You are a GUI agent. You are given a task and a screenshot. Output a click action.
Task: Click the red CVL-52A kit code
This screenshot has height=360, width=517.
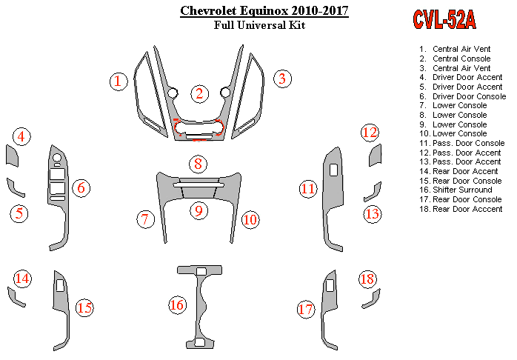(x=444, y=19)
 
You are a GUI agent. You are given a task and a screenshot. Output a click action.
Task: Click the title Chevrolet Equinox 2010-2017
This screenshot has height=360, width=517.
(x=264, y=10)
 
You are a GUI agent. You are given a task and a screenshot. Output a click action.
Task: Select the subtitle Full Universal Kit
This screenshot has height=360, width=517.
(x=259, y=25)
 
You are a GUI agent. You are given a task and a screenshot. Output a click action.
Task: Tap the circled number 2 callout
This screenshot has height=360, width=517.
(x=199, y=93)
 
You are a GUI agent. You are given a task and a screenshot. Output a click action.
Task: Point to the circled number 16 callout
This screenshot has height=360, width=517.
(x=177, y=305)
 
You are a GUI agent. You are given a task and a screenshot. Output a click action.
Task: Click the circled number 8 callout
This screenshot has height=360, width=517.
(x=198, y=164)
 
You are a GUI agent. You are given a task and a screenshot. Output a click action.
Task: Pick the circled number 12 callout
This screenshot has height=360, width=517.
(x=370, y=133)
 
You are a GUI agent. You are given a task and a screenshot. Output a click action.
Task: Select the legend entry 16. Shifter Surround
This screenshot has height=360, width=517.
(x=456, y=190)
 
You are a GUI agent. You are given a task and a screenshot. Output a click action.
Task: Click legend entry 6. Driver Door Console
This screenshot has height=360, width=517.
(x=463, y=96)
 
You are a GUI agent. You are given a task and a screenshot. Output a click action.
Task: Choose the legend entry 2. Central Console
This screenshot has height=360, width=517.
(x=455, y=59)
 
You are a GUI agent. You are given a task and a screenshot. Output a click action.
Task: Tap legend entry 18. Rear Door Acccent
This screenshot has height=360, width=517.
(x=461, y=209)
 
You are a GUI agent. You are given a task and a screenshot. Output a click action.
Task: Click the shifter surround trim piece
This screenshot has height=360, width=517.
(x=200, y=307)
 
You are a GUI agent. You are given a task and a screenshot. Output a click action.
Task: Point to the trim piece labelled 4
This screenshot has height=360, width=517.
(x=12, y=156)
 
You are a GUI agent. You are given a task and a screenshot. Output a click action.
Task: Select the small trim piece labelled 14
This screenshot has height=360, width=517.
(x=16, y=297)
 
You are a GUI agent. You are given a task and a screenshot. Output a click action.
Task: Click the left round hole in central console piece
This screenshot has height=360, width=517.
(x=172, y=93)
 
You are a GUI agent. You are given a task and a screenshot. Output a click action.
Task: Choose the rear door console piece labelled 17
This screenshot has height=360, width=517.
(x=330, y=310)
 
